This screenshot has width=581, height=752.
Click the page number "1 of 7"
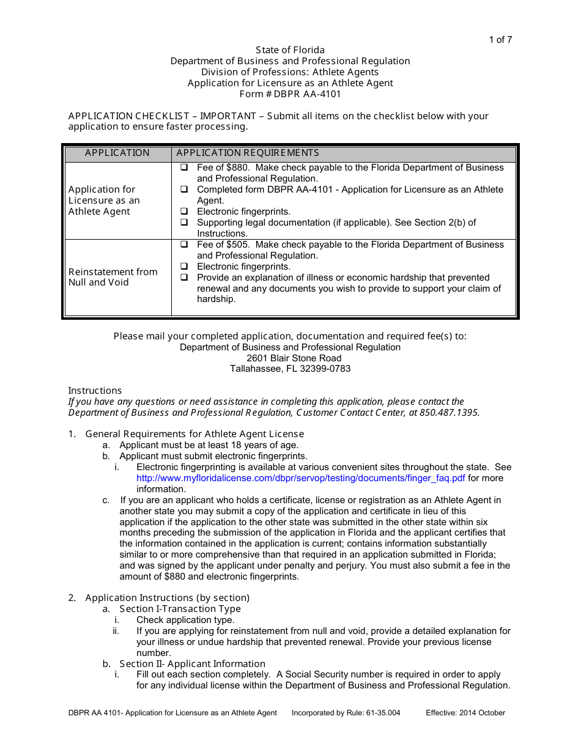click(500, 40)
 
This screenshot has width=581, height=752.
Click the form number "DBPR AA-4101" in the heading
click(307, 94)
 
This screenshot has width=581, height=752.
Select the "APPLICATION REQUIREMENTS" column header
click(248, 153)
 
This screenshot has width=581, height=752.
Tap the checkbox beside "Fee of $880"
click(184, 168)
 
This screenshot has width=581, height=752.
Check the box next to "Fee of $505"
click(184, 245)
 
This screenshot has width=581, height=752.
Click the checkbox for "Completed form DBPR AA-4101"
click(184, 190)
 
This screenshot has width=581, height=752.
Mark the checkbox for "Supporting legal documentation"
click(184, 223)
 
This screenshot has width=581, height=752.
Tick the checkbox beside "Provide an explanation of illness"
click(184, 278)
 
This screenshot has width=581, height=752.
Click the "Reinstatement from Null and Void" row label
click(113, 277)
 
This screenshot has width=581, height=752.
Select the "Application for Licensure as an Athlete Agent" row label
click(104, 201)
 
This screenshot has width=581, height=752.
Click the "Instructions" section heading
click(95, 391)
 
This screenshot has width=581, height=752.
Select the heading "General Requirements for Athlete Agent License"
click(194, 434)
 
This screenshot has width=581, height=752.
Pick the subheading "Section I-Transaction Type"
click(180, 609)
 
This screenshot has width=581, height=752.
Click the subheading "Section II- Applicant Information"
click(192, 664)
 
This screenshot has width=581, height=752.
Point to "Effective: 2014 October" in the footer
click(465, 713)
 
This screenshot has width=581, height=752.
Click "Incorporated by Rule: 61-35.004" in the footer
click(346, 713)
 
